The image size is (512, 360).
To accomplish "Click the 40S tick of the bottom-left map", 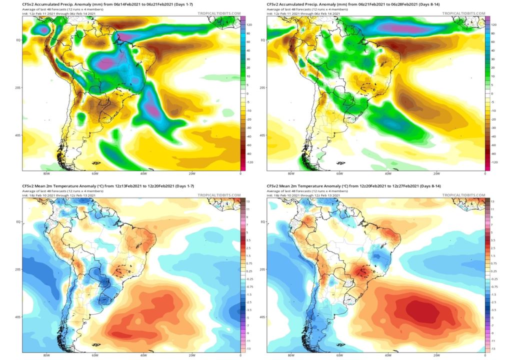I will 18,316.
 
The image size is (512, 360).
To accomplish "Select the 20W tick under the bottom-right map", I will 436,355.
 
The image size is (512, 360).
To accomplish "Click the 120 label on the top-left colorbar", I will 248,24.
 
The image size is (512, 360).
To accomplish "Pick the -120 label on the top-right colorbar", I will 493,163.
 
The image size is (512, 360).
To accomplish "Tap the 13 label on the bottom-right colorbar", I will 493,200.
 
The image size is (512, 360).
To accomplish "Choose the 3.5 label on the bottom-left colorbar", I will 249,241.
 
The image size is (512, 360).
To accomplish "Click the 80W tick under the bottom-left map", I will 46,355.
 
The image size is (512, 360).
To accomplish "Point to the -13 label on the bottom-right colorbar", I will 493,348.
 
